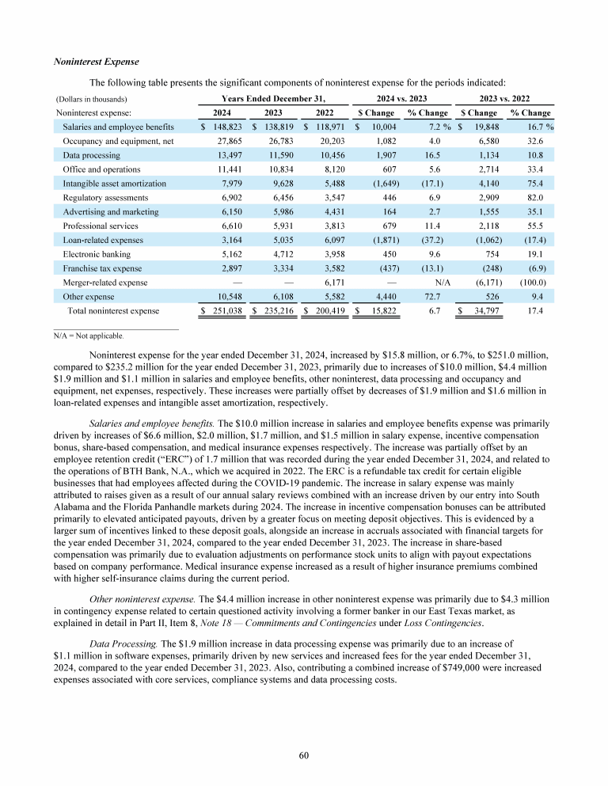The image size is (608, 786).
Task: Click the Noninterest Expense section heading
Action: tap(96, 61)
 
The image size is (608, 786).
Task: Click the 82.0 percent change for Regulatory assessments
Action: tap(541, 198)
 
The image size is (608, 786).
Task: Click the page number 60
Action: tap(304, 754)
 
